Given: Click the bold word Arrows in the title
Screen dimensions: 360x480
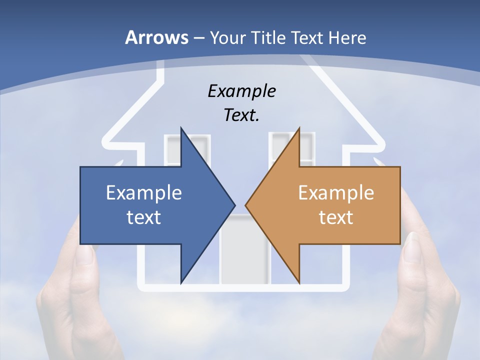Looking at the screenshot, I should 156,37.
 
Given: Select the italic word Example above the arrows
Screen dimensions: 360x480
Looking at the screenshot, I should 241,91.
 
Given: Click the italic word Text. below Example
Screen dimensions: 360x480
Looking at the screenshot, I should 241,115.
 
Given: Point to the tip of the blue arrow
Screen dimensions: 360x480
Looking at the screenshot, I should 234,205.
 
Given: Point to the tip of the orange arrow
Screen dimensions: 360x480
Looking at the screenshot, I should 246,205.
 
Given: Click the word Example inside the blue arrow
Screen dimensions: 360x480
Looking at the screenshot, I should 144,193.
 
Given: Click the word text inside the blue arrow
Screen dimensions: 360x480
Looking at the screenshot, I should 144,217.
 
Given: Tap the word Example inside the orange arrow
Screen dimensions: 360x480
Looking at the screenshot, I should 336,193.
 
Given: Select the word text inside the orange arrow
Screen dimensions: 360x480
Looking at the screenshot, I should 336,217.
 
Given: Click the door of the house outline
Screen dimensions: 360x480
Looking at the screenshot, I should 245,250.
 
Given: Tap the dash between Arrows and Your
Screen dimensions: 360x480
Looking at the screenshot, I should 198,38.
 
